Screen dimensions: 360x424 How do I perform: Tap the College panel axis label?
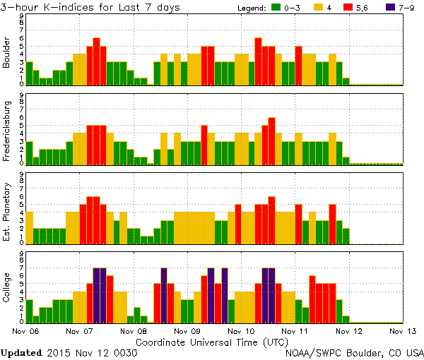7,287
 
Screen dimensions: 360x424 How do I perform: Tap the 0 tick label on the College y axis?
21,322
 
